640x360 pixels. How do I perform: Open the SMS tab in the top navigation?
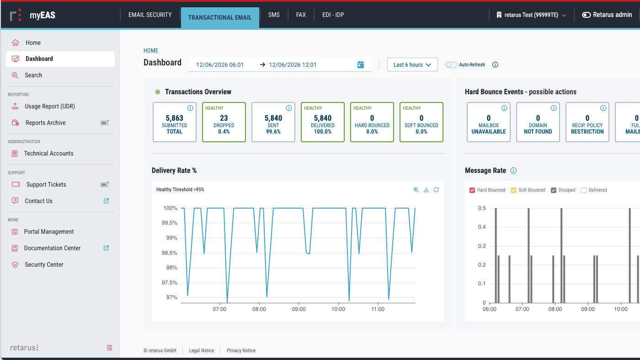click(x=274, y=15)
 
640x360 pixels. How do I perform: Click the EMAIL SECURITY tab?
click(x=150, y=15)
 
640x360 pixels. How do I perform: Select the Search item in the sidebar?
click(x=33, y=75)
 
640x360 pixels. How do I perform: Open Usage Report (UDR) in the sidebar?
click(x=50, y=107)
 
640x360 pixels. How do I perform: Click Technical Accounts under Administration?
click(x=48, y=154)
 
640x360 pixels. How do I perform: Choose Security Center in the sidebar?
click(x=44, y=265)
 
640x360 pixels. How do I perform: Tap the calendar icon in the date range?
click(x=361, y=64)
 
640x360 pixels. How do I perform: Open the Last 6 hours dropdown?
click(x=412, y=64)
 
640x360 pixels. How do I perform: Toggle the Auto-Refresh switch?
click(x=451, y=64)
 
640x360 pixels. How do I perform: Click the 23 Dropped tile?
click(x=224, y=122)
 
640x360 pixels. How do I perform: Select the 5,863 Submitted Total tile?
click(x=175, y=122)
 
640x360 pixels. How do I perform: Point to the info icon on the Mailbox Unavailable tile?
click(x=504, y=108)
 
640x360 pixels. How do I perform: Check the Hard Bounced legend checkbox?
click(x=472, y=190)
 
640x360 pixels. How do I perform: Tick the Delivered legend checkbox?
click(x=584, y=190)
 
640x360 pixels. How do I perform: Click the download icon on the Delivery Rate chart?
click(x=426, y=189)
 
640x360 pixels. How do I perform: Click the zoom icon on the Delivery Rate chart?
click(x=416, y=189)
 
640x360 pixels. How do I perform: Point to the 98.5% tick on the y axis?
click(x=170, y=253)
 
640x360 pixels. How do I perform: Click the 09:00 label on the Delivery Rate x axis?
click(x=299, y=309)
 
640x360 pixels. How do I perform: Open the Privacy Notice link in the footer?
click(x=241, y=350)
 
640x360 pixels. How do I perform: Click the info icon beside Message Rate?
click(x=513, y=171)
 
